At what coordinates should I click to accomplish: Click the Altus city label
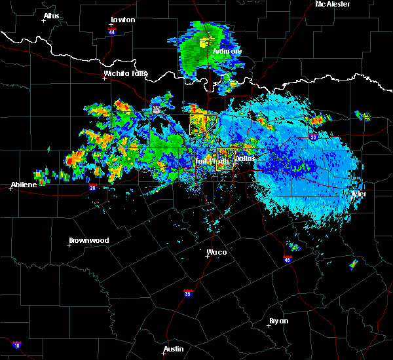pyautogui.click(x=51, y=16)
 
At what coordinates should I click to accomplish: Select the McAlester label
pyautogui.click(x=332, y=4)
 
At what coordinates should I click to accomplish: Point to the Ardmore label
pyautogui.click(x=227, y=51)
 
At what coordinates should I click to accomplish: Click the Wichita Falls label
pyautogui.click(x=125, y=73)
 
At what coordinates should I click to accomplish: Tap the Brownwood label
pyautogui.click(x=90, y=240)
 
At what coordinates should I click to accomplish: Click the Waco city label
pyautogui.click(x=216, y=252)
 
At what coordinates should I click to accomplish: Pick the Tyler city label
pyautogui.click(x=359, y=194)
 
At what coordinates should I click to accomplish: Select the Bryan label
pyautogui.click(x=278, y=321)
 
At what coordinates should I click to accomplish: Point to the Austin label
pyautogui.click(x=174, y=349)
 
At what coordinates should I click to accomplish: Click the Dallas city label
pyautogui.click(x=244, y=158)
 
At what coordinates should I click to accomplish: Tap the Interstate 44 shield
pyautogui.click(x=112, y=31)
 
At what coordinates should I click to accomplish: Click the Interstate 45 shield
pyautogui.click(x=287, y=260)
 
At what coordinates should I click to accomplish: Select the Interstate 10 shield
pyautogui.click(x=16, y=345)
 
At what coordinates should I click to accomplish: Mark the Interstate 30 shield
pyautogui.click(x=312, y=137)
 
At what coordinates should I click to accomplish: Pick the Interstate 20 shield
pyautogui.click(x=92, y=187)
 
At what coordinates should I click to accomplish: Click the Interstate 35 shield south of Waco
pyautogui.click(x=187, y=293)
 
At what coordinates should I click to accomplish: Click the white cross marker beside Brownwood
pyautogui.click(x=69, y=245)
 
